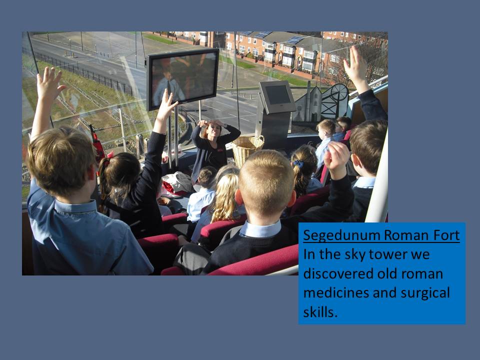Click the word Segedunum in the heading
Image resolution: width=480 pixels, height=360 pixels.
[341, 235]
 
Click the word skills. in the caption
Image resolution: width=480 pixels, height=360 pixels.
[320, 311]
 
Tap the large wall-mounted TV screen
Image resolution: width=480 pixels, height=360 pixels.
[183, 79]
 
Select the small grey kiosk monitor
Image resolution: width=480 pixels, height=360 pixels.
[278, 96]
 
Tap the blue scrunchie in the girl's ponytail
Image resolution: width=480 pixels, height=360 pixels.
[298, 164]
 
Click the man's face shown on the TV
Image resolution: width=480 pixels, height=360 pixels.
[167, 74]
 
